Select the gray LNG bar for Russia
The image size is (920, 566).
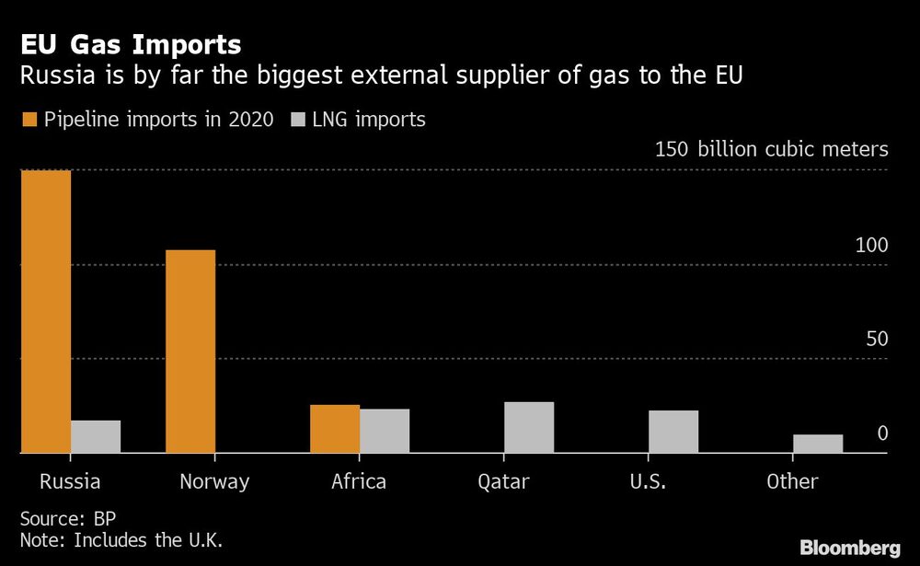coord(96,436)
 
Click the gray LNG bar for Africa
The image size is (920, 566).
coord(385,430)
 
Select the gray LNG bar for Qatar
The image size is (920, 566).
coord(529,427)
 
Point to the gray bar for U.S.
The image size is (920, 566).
coord(673,431)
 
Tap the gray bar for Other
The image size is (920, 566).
coord(818,443)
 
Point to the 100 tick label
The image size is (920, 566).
coord(871,246)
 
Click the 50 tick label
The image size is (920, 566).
coord(877,339)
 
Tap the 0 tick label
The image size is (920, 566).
coord(882,433)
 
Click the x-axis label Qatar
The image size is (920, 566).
coord(504,481)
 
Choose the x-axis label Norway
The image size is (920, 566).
coord(214,481)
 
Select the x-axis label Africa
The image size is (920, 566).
coord(360,481)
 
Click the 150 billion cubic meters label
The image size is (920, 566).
coord(771,150)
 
